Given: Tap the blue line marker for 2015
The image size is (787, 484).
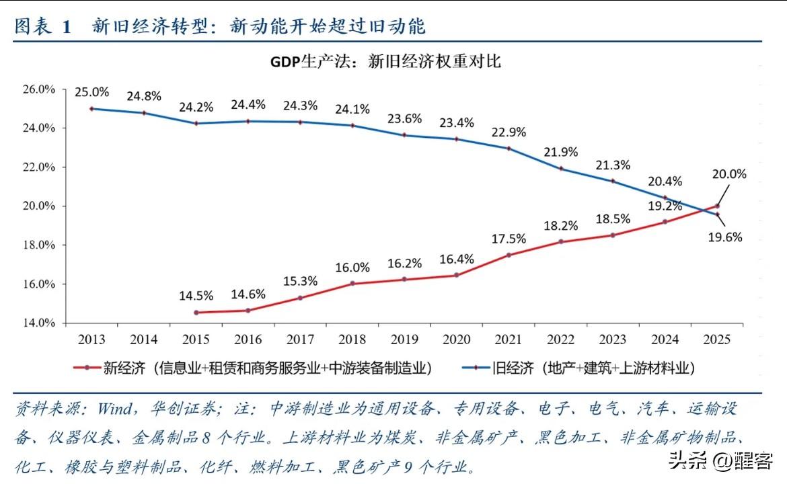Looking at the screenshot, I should [196, 124].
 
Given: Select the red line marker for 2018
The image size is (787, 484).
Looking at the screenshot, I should [352, 284].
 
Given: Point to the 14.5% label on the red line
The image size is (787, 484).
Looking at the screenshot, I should [196, 296].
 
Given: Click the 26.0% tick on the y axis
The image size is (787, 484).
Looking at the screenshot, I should [38, 89].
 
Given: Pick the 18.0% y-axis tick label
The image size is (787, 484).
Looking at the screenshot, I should [38, 245].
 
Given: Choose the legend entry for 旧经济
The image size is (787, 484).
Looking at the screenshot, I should [578, 368].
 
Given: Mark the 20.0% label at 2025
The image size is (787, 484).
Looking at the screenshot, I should [729, 173].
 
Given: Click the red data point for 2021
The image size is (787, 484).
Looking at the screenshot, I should [509, 255].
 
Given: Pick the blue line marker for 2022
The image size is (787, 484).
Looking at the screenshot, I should [560, 168].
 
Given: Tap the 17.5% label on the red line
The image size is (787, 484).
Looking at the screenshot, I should [509, 239].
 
